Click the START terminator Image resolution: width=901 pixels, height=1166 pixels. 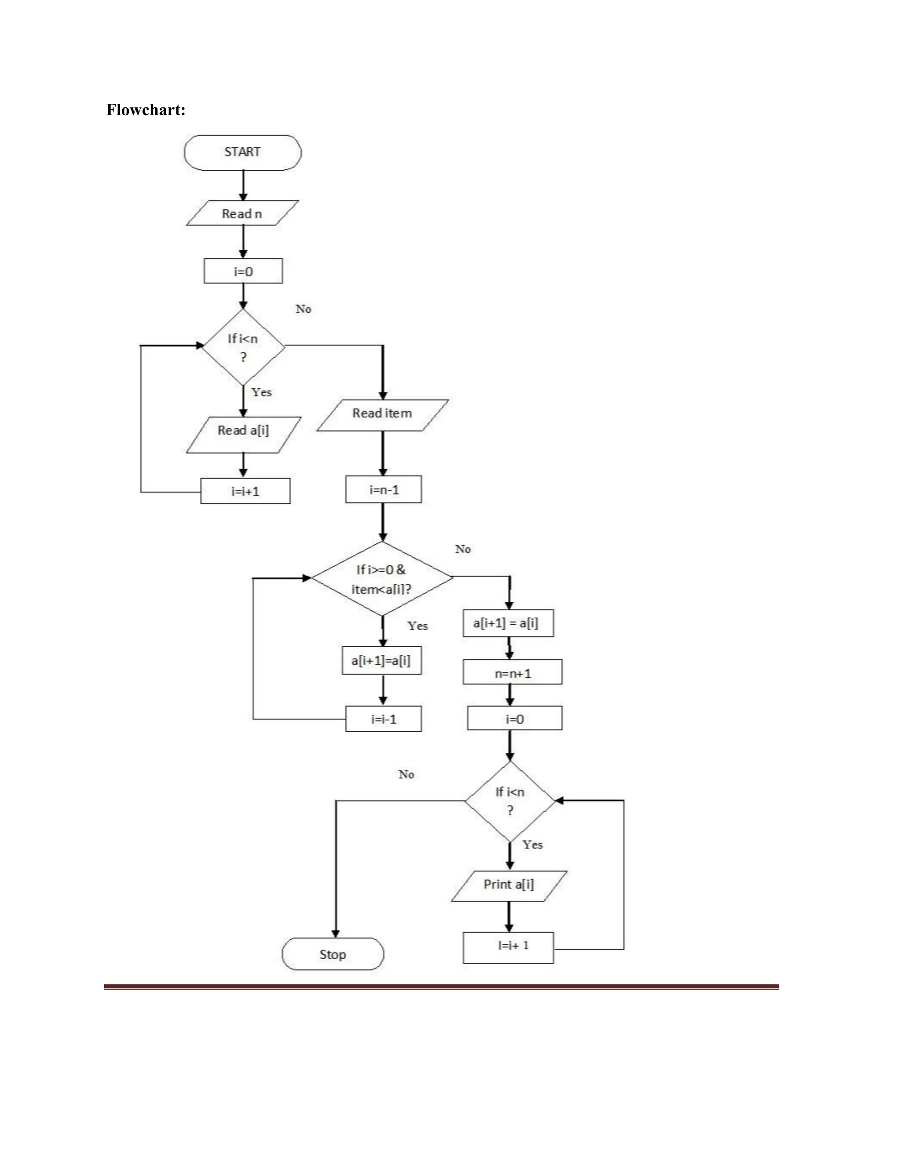click(x=242, y=153)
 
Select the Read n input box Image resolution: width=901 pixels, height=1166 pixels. click(x=242, y=213)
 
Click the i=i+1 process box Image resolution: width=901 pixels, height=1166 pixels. click(x=245, y=491)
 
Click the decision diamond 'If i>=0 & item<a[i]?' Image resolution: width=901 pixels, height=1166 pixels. click(x=382, y=579)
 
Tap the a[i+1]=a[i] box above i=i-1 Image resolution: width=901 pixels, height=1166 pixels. click(x=381, y=661)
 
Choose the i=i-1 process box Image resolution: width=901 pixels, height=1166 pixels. click(x=383, y=719)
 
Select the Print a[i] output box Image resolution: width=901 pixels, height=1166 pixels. click(x=509, y=885)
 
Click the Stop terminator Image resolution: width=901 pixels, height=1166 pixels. click(x=333, y=954)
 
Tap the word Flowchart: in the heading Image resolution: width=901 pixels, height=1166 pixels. click(x=146, y=110)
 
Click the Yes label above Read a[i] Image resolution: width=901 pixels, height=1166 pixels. click(x=262, y=392)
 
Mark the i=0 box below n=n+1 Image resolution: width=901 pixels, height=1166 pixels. click(x=515, y=719)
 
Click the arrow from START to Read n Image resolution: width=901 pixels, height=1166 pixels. click(x=243, y=185)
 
